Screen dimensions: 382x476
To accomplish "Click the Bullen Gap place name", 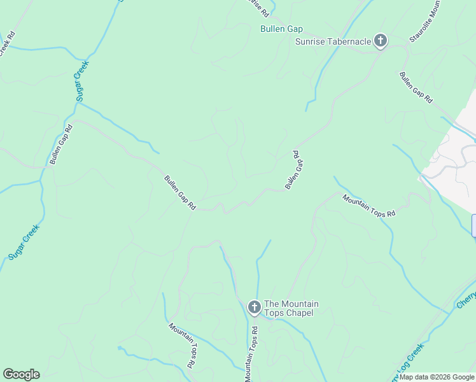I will [281, 29].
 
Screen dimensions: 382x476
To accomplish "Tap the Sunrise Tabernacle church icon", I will [380, 42].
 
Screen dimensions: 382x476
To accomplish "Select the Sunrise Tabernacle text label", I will [333, 42].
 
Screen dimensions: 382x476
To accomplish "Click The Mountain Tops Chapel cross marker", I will [253, 308].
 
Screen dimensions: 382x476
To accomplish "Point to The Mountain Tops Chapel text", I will [291, 308].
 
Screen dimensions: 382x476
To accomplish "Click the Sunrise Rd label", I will [257, 8].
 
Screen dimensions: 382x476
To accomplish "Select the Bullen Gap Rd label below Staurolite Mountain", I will [416, 87].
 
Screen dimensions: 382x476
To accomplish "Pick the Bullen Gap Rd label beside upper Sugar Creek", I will [62, 144].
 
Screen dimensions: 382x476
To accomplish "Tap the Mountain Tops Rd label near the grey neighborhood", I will [369, 206].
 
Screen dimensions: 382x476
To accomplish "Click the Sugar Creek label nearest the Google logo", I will [24, 241].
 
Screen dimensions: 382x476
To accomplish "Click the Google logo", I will [21, 374].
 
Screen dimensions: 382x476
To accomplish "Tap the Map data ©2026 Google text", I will [437, 377].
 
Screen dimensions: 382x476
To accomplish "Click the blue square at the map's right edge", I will [474, 225].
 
